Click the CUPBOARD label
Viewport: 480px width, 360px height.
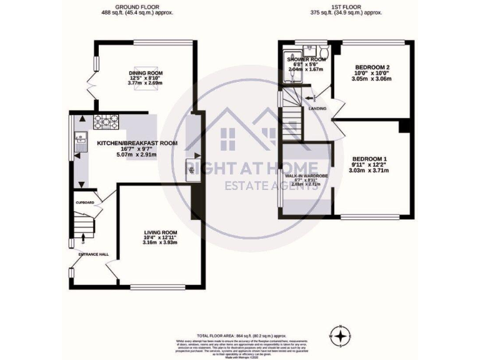[x=84, y=203]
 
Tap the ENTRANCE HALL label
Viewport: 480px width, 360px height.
[x=93, y=254]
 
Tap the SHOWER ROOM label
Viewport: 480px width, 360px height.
[x=301, y=59]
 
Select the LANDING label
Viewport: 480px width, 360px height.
[x=317, y=108]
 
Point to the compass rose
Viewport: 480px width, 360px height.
[x=340, y=336]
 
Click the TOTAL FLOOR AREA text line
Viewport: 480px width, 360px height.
[x=242, y=336]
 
